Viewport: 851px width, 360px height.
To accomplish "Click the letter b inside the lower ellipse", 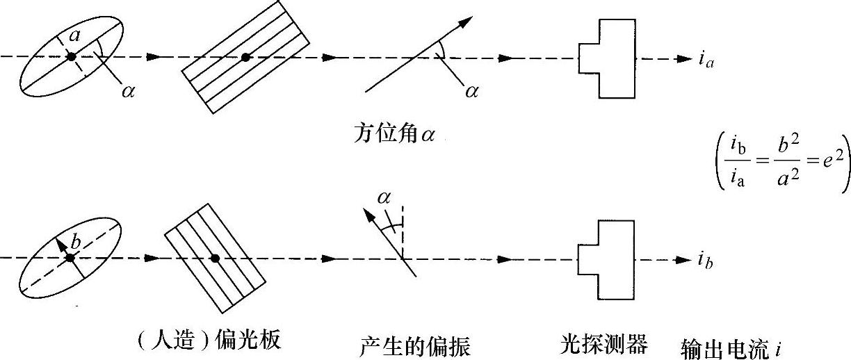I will (x=77, y=242).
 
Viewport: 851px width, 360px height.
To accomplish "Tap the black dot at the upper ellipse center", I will (x=70, y=57).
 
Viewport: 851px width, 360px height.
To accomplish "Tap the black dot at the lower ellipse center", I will (x=70, y=258).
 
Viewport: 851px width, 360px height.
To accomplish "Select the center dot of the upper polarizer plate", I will (x=245, y=57).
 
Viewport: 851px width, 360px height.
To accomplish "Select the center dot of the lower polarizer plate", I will (x=215, y=258).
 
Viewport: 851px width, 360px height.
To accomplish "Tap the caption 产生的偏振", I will (x=415, y=344).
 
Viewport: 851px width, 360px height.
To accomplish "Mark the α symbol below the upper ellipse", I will (x=127, y=92).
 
